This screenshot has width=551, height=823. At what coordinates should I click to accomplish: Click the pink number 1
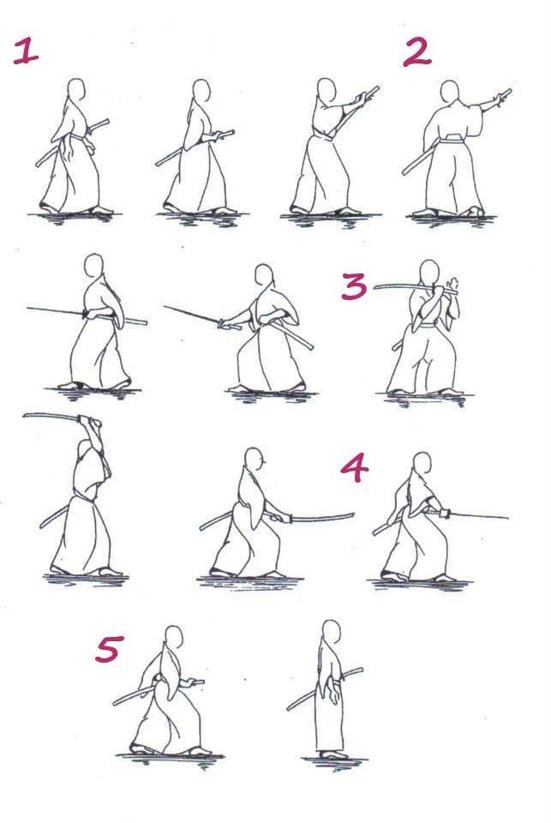(x=26, y=51)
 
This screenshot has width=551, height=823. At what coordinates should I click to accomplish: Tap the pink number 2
(x=417, y=52)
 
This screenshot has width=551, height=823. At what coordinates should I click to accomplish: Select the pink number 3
(x=354, y=286)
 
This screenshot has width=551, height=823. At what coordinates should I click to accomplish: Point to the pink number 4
(x=355, y=468)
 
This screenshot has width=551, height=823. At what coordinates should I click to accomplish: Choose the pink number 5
(x=110, y=648)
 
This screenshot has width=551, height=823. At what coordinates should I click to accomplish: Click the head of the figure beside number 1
(x=76, y=89)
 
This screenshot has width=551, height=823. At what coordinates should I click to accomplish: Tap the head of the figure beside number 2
(x=450, y=92)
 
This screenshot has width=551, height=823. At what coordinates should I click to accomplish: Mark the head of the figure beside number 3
(x=429, y=273)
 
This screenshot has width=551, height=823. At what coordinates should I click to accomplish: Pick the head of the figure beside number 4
(x=422, y=464)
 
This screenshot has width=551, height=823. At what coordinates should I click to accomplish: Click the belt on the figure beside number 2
(x=452, y=139)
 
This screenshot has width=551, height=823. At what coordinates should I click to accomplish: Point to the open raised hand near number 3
(x=452, y=286)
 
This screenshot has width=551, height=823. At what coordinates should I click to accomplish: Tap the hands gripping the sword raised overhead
(x=89, y=422)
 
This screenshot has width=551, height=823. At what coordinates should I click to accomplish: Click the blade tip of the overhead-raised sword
(x=25, y=416)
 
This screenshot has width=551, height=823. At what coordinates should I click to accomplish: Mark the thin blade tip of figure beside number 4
(x=507, y=518)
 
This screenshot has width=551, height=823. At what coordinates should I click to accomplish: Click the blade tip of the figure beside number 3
(x=375, y=288)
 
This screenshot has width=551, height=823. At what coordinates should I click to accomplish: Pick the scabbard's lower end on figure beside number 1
(x=39, y=165)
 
